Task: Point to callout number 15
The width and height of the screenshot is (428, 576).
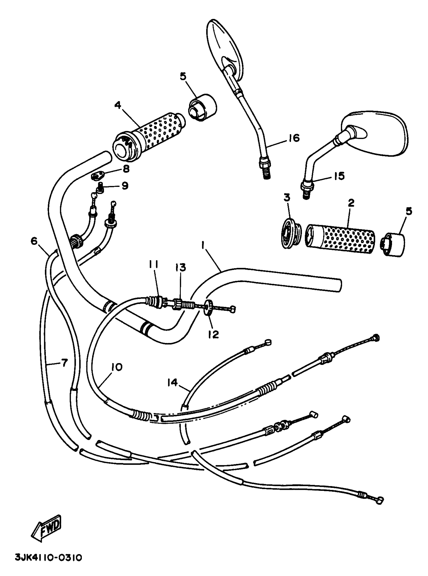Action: click(339, 176)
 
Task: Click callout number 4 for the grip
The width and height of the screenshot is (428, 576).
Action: click(118, 106)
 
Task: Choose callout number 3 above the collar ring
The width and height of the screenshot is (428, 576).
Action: click(287, 197)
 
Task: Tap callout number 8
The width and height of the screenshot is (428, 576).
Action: click(126, 169)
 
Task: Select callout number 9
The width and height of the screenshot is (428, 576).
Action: click(125, 186)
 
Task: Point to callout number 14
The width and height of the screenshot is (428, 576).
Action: click(172, 382)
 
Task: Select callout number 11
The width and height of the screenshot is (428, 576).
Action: click(154, 264)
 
